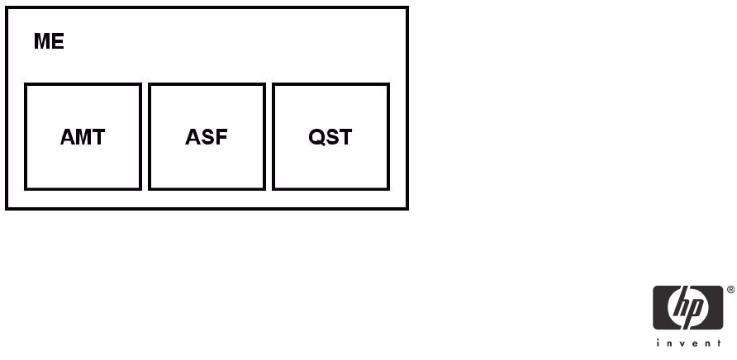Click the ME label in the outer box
(49, 41)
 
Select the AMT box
(83, 136)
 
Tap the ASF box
(207, 136)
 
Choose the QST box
(330, 136)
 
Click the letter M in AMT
(83, 137)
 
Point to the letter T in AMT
(98, 137)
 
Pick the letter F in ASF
(221, 137)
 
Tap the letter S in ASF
(207, 137)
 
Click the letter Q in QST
(316, 137)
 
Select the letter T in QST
(345, 137)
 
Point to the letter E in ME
(57, 41)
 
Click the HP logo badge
(689, 308)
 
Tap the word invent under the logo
(689, 343)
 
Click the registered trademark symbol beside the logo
(730, 290)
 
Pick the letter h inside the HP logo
(682, 306)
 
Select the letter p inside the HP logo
(696, 311)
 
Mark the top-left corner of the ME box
(7, 8)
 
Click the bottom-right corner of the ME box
(407, 208)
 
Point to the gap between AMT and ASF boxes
(145, 136)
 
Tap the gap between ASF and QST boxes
(269, 136)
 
